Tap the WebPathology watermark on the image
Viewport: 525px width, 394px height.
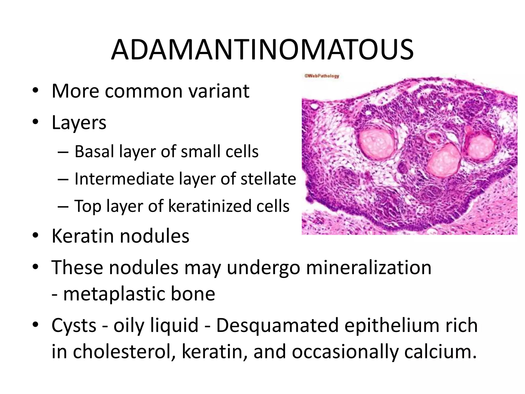(x=322, y=76)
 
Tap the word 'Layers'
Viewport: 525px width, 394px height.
(x=79, y=123)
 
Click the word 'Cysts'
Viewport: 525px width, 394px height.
(x=74, y=325)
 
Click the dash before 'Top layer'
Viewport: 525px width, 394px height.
(x=63, y=206)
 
